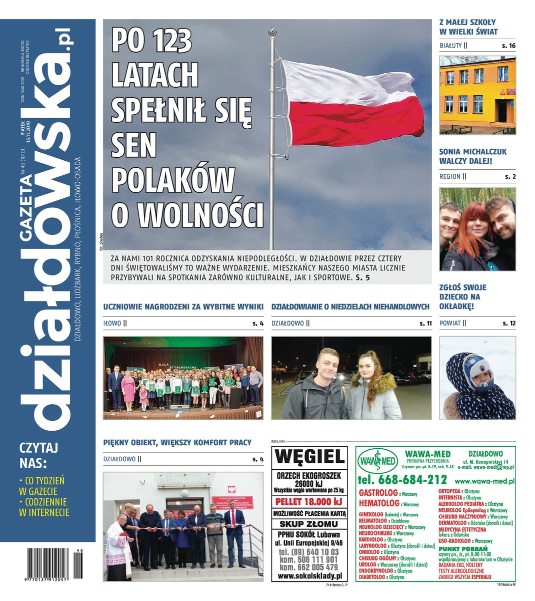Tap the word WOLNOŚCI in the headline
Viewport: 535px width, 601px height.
(x=200, y=213)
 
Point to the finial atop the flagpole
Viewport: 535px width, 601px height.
(x=272, y=32)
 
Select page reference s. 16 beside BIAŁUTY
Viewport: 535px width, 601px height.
(x=508, y=46)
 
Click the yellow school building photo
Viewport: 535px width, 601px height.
(x=477, y=95)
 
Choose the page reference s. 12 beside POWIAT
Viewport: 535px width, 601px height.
(x=508, y=323)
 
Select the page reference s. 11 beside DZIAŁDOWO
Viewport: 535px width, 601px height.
(x=425, y=324)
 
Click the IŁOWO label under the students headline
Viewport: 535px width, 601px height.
(x=112, y=324)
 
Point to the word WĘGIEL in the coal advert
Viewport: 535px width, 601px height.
(x=309, y=457)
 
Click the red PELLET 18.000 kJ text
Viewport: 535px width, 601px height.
(x=309, y=502)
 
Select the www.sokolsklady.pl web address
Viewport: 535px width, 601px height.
(x=309, y=576)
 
